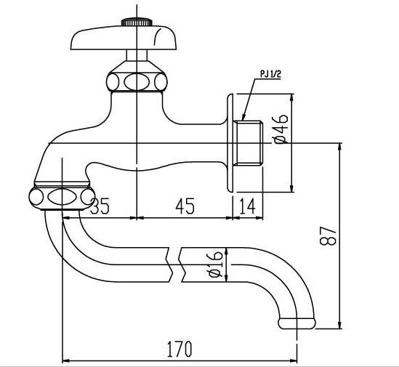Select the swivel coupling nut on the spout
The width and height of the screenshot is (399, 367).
click(x=62, y=195)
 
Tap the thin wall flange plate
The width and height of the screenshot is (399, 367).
click(x=231, y=142)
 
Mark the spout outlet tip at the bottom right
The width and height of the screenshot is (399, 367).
click(x=298, y=320)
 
